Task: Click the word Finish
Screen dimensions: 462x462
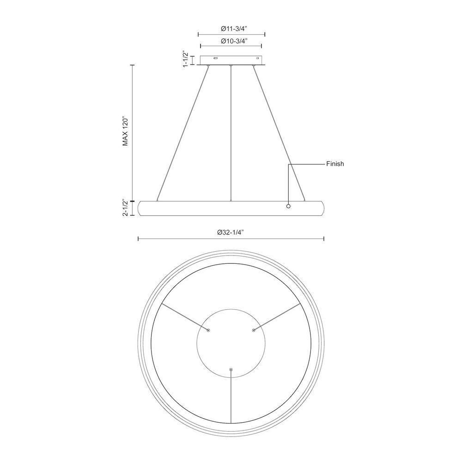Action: point(335,164)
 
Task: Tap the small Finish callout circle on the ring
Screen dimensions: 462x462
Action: point(288,206)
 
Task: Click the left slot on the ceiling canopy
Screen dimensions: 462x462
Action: point(216,59)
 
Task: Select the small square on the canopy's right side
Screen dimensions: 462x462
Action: point(258,58)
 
